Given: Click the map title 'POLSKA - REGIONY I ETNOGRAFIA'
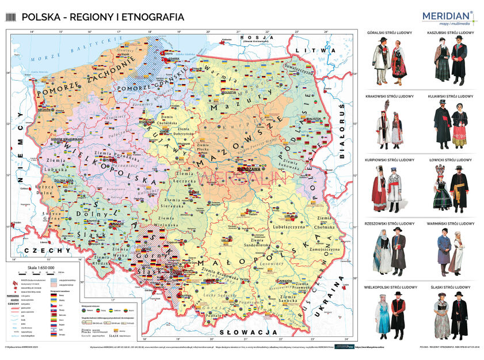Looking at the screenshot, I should (x=102, y=17).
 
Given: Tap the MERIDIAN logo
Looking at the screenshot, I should (x=447, y=17).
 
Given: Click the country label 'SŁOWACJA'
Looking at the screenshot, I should (x=247, y=333).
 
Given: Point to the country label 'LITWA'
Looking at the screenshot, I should (x=306, y=51).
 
